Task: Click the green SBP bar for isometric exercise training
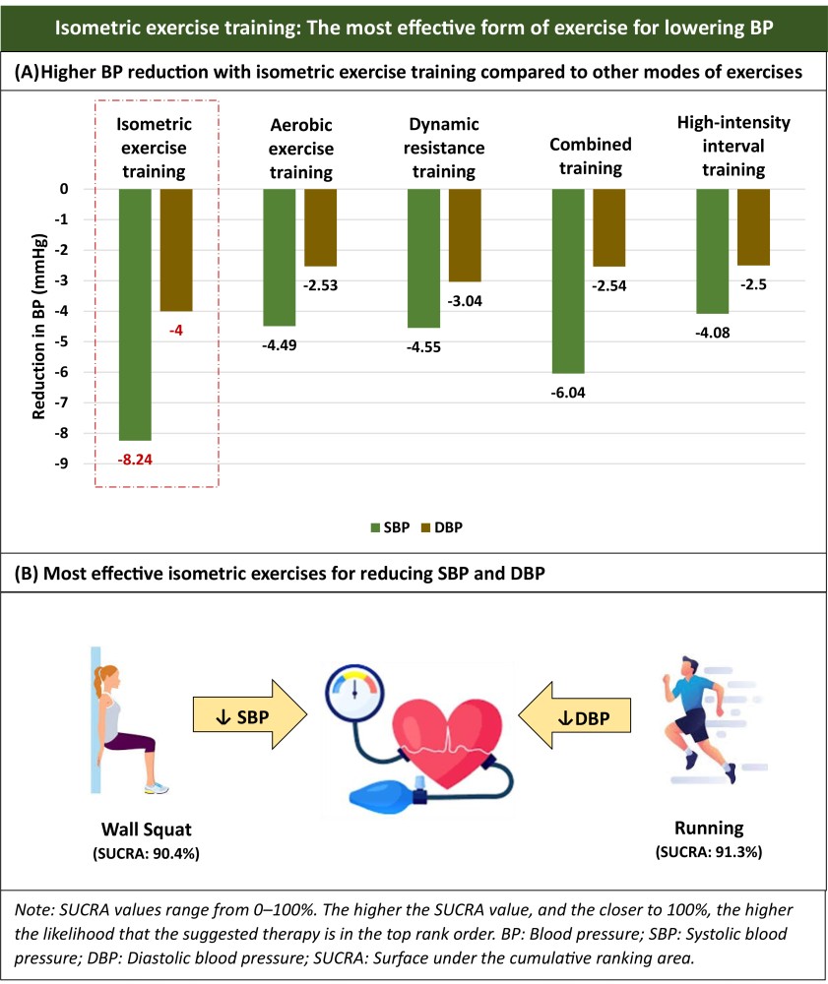[x=135, y=314]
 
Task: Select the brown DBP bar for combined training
[x=609, y=227]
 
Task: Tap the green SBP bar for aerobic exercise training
[x=280, y=257]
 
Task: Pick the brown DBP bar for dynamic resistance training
[x=465, y=235]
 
